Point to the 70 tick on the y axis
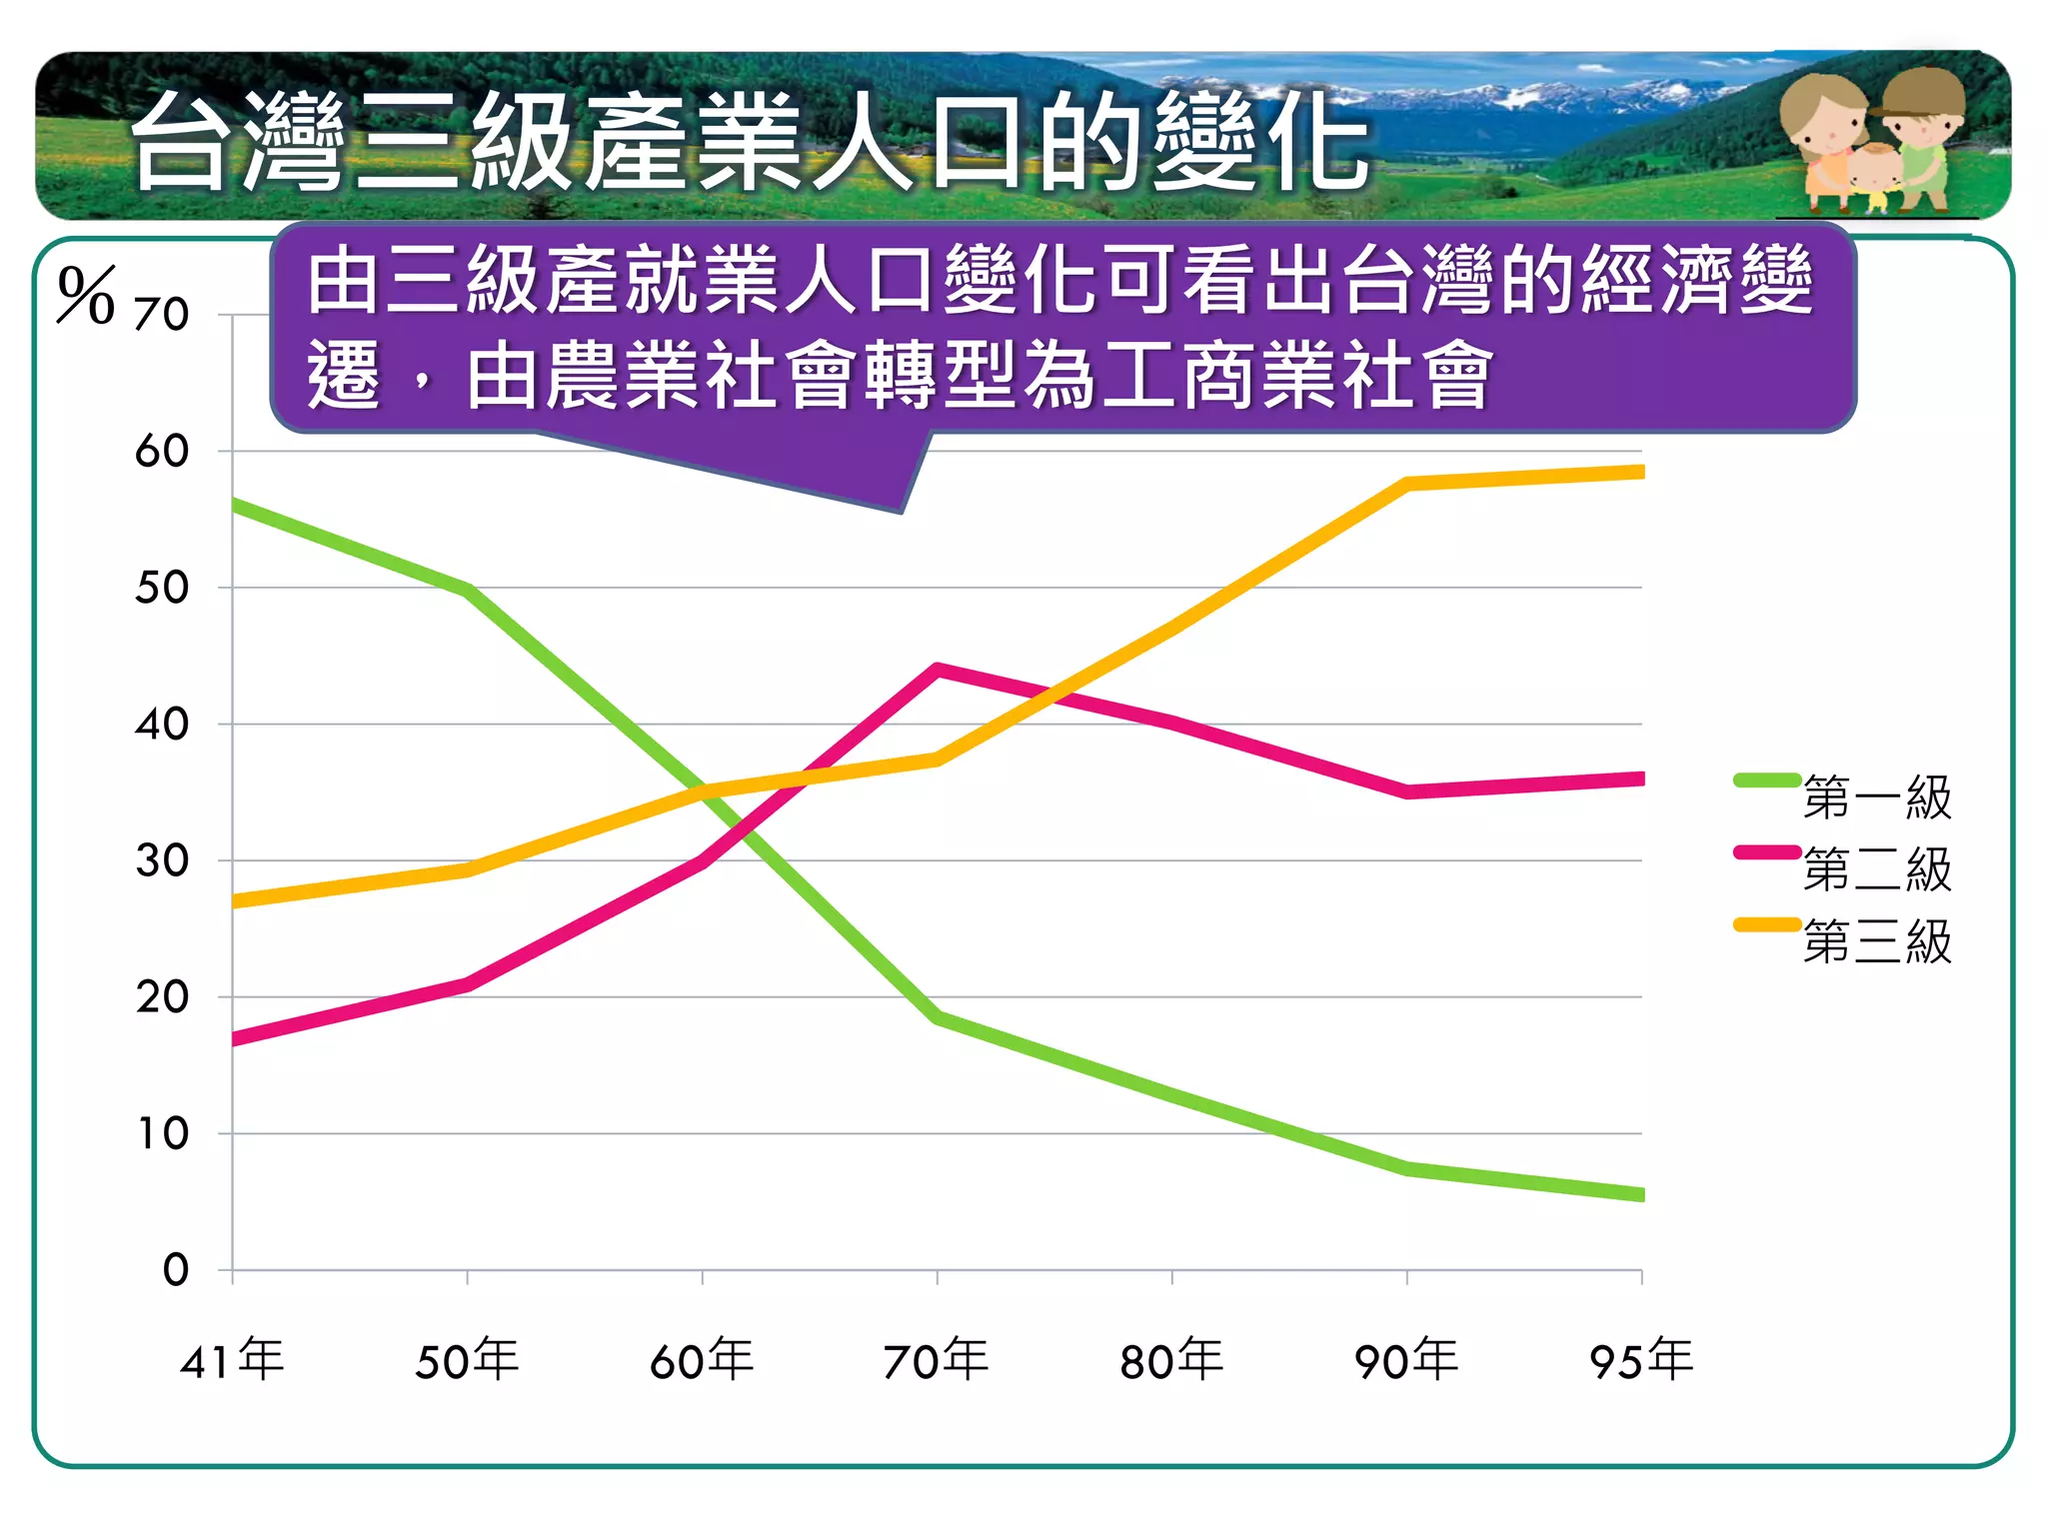(x=162, y=315)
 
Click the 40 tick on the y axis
(x=162, y=725)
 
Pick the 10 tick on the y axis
(x=162, y=1134)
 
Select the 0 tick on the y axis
(x=175, y=1270)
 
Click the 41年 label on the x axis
(x=232, y=1360)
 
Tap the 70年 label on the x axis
(x=937, y=1360)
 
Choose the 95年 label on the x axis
(x=1641, y=1360)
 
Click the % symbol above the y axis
(x=86, y=296)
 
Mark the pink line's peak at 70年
(x=937, y=669)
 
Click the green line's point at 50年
(x=468, y=590)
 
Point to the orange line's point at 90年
(x=1406, y=484)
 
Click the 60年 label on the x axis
(x=702, y=1360)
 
